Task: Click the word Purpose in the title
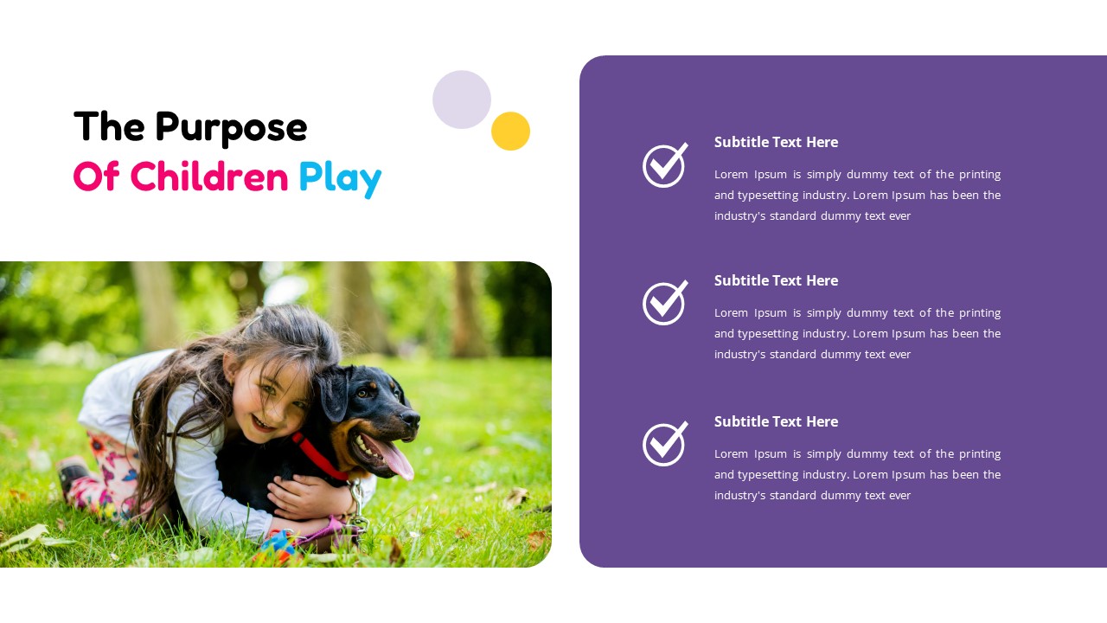pyautogui.click(x=231, y=127)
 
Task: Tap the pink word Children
pyautogui.click(x=209, y=177)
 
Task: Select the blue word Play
pyautogui.click(x=340, y=177)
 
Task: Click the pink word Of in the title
pyautogui.click(x=96, y=177)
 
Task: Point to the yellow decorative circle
pyautogui.click(x=510, y=132)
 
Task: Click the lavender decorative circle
pyautogui.click(x=462, y=100)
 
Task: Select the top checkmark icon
pyautogui.click(x=665, y=164)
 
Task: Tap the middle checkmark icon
pyautogui.click(x=665, y=302)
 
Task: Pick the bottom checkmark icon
pyautogui.click(x=665, y=443)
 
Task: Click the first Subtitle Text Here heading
pyautogui.click(x=776, y=142)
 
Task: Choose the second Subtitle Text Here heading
pyautogui.click(x=776, y=280)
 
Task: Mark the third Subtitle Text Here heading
pyautogui.click(x=776, y=421)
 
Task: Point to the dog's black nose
pyautogui.click(x=413, y=419)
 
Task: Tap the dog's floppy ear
pyautogui.click(x=336, y=394)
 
